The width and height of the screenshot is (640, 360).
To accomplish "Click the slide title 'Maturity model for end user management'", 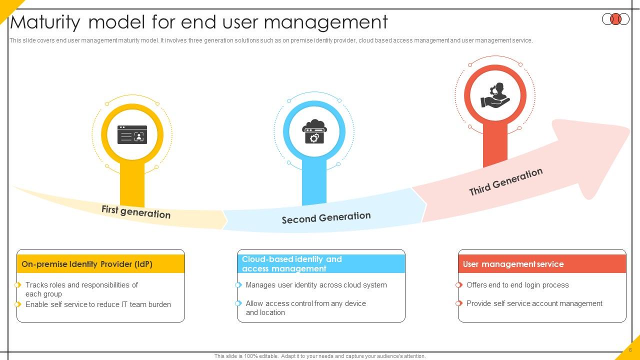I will [199, 22].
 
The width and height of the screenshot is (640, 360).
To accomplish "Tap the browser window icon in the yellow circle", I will [132, 134].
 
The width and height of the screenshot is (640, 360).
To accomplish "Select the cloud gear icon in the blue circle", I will [314, 132].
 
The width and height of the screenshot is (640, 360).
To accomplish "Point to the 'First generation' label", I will [136, 211].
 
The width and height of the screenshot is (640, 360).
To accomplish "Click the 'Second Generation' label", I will [326, 218].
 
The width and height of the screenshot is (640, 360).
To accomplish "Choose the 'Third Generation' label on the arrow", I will [505, 181].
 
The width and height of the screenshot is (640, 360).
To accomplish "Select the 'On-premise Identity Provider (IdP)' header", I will [87, 264].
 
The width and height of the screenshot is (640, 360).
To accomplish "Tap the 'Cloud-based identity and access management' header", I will [291, 263].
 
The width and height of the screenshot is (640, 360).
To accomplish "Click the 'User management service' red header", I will [513, 264].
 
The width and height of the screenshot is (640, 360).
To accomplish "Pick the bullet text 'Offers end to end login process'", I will [517, 285].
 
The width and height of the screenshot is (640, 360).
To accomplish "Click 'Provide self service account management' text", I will [534, 303].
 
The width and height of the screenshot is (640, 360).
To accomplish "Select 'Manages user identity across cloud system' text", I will [316, 285].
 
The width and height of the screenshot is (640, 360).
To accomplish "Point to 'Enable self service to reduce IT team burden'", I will [98, 304].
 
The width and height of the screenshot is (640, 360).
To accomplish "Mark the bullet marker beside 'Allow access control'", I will [238, 303].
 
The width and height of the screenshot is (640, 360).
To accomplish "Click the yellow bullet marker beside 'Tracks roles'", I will [18, 285].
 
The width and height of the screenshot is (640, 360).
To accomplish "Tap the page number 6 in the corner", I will [630, 350].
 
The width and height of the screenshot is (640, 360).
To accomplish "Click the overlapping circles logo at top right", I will [615, 19].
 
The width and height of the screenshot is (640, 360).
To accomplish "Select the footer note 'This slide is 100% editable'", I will [320, 356].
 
